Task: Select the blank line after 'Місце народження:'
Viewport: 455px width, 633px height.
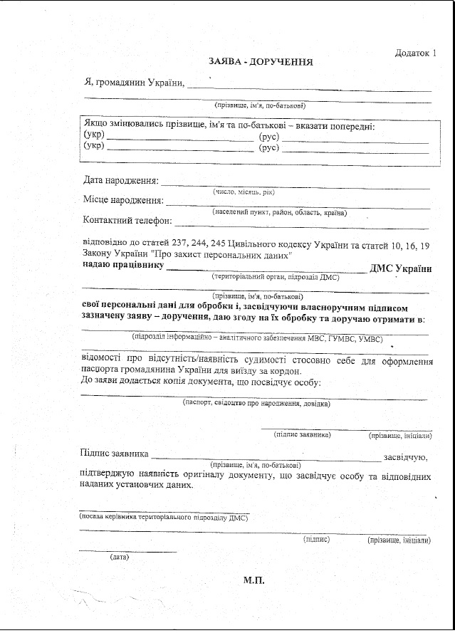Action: point(298,204)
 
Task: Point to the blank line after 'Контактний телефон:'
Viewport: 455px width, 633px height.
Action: point(302,224)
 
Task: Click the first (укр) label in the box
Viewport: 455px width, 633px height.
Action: point(94,135)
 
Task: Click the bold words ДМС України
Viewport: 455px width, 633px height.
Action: point(400,268)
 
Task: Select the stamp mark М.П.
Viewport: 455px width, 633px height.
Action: point(253,581)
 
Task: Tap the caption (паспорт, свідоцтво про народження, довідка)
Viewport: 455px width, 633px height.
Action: point(256,403)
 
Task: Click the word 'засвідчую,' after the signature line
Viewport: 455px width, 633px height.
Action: point(404,456)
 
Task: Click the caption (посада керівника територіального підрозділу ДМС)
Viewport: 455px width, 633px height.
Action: point(164,518)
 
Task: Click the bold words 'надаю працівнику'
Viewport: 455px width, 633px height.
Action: point(123,267)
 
